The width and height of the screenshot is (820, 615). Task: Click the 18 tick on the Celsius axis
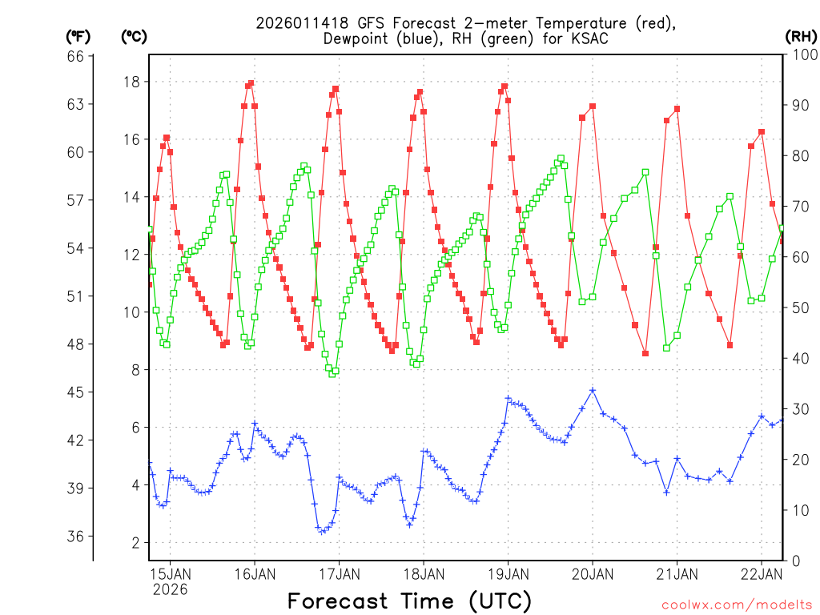(x=132, y=82)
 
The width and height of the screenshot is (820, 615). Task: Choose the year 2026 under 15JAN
(x=170, y=589)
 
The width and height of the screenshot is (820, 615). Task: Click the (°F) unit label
(x=78, y=36)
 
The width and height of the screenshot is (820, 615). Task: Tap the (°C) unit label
(x=134, y=36)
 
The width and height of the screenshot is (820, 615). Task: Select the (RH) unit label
(x=800, y=36)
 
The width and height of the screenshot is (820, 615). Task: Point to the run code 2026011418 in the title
(x=302, y=23)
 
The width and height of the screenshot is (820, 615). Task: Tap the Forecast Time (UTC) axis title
(x=409, y=601)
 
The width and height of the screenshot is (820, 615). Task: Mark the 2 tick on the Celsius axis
(x=135, y=543)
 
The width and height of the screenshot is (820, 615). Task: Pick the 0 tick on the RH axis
(x=796, y=561)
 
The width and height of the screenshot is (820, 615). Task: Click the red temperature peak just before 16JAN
(x=251, y=82)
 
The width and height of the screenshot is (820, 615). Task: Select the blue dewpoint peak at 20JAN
(x=593, y=390)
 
